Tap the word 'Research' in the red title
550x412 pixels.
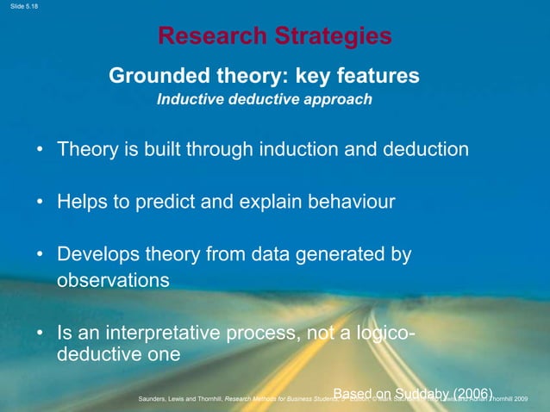tap(210, 36)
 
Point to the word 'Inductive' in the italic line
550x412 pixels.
tap(189, 100)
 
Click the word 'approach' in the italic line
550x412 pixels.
tap(337, 100)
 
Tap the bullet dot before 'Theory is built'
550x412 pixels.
tap(41, 150)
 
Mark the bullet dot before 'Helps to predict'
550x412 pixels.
tap(41, 203)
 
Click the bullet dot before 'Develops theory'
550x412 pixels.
tap(41, 256)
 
